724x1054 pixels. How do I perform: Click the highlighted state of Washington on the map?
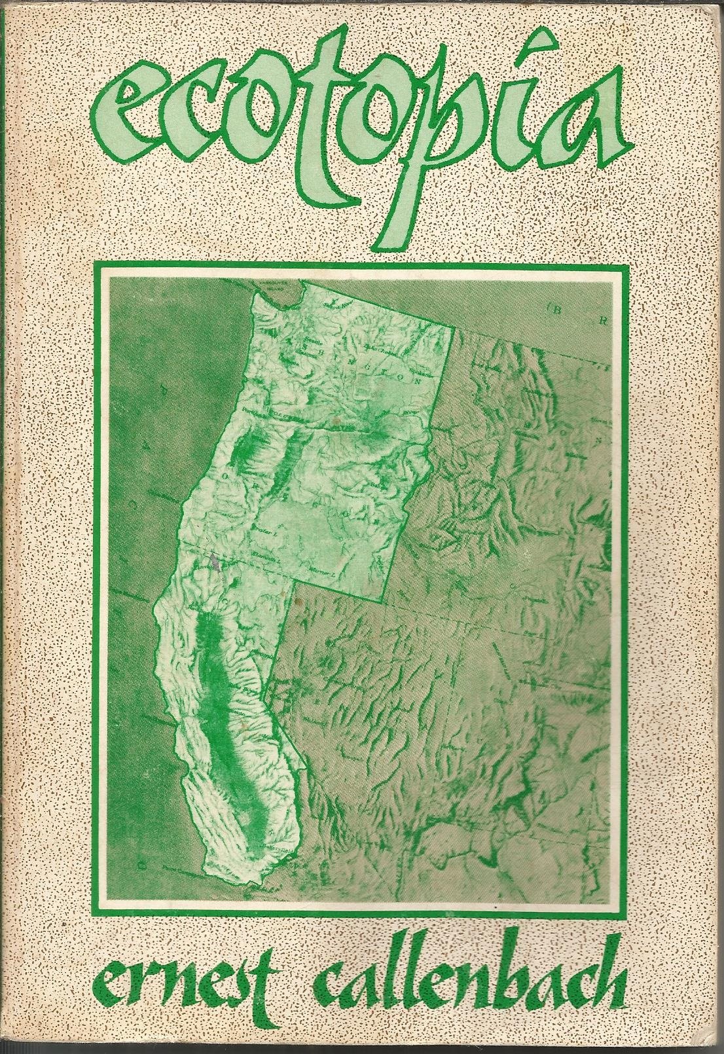[x=353, y=367]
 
